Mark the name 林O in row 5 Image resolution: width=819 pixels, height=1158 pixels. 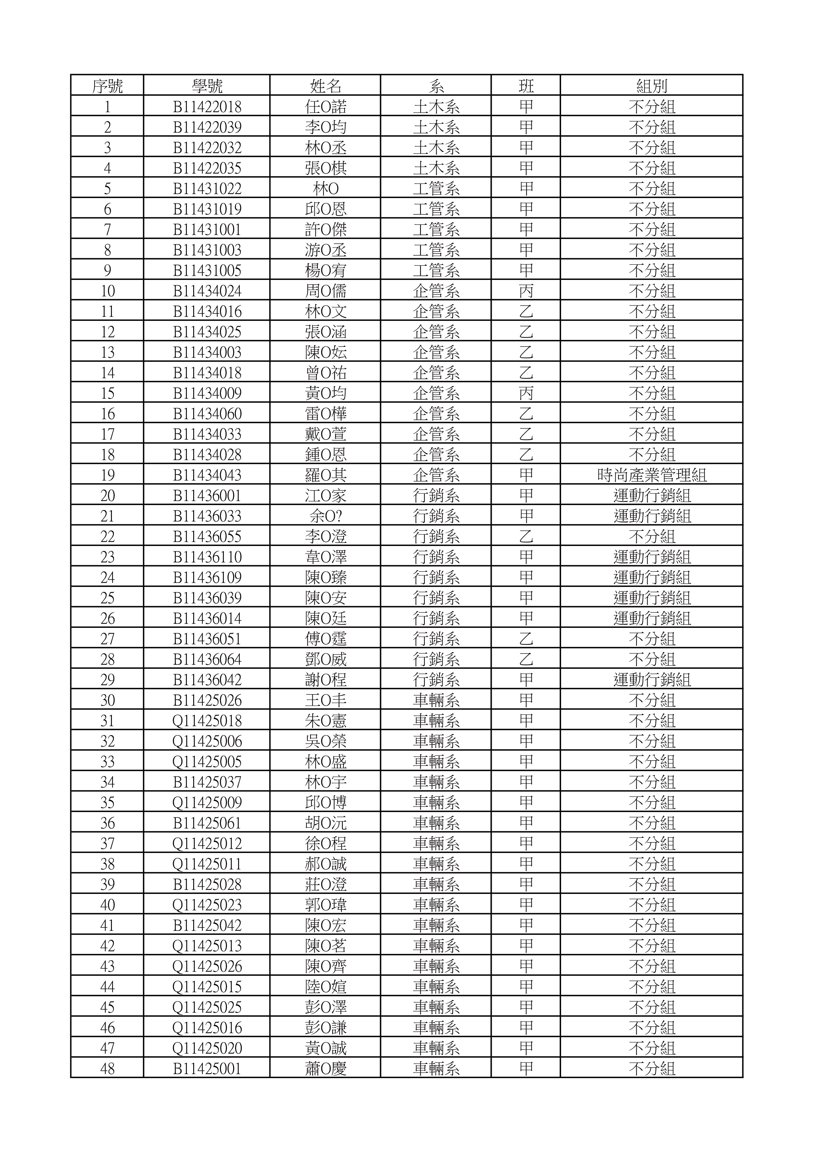click(326, 188)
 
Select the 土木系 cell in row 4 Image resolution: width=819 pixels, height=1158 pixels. click(436, 168)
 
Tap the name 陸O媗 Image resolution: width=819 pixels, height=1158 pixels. click(326, 987)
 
